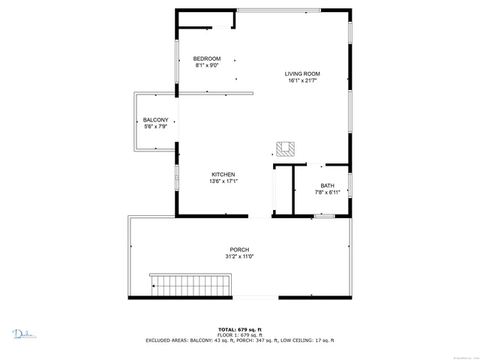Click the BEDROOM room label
click(x=207, y=58)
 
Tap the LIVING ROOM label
click(x=302, y=73)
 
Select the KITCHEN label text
click(x=223, y=174)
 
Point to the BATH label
click(x=327, y=186)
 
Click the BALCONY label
click(x=155, y=120)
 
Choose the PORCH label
click(x=239, y=250)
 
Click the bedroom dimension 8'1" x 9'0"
click(x=207, y=65)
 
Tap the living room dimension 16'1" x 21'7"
click(x=302, y=80)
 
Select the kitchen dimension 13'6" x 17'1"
click(x=223, y=181)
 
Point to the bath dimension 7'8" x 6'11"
click(x=327, y=193)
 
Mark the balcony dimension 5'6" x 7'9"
click(x=155, y=127)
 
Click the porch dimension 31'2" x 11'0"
click(x=239, y=256)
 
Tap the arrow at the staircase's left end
click(x=155, y=285)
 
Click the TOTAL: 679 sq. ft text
click(x=239, y=329)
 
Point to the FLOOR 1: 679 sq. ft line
click(x=239, y=334)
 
